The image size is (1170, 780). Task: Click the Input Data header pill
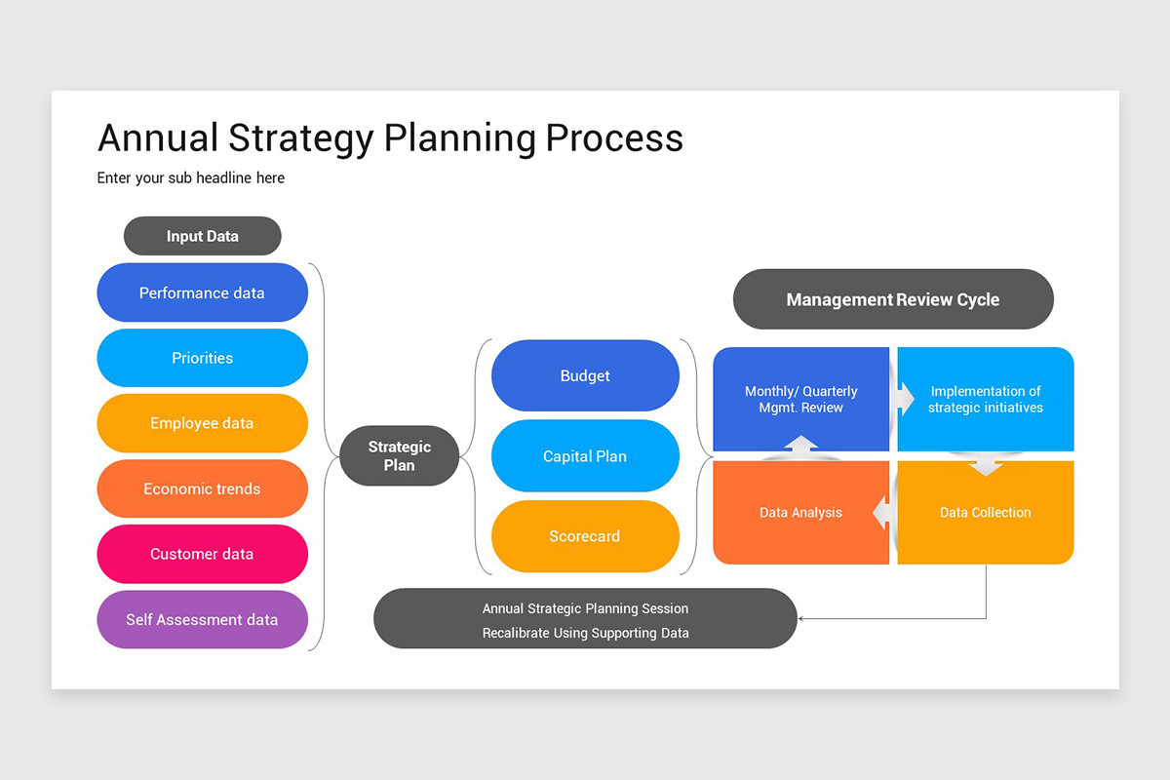point(202,236)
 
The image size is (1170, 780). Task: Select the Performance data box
point(202,292)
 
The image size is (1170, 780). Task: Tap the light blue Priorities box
point(202,358)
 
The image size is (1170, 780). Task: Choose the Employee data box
point(202,423)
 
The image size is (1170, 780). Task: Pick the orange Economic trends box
point(202,488)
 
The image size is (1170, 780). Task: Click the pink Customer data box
point(202,554)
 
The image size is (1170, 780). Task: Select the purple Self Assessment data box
point(202,619)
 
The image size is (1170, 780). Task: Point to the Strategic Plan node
point(399,456)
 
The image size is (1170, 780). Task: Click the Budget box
point(585,375)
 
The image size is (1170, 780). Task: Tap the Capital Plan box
point(585,456)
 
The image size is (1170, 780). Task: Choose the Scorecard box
point(585,536)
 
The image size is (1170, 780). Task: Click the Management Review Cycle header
point(893,299)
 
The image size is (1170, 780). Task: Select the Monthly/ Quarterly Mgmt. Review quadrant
point(800,399)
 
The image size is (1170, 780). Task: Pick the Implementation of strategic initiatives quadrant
point(986,399)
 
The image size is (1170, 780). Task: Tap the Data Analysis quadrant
point(800,513)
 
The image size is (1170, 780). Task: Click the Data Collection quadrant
point(986,513)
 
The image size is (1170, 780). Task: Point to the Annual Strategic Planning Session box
point(585,619)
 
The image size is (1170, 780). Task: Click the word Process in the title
point(614,138)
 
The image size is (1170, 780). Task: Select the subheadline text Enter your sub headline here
point(191,178)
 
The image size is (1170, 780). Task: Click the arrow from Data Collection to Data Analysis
point(881,513)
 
